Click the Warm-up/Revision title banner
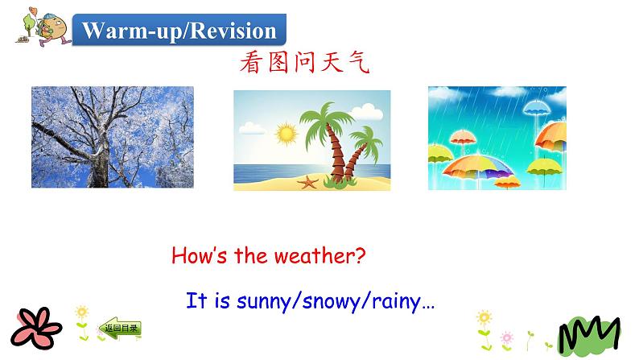point(179,31)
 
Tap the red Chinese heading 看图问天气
point(303,64)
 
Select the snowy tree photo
point(112,137)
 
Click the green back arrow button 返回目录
point(122,328)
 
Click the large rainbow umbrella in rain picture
point(480,166)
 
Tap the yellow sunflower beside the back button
point(81,312)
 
